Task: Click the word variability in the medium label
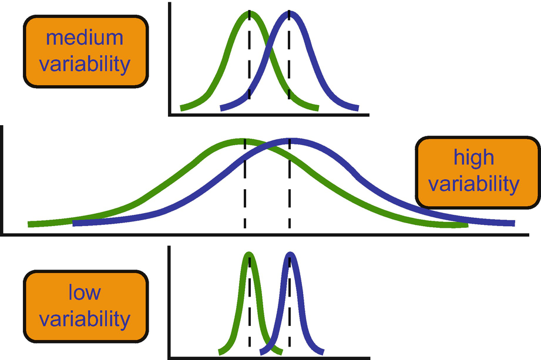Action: tap(85, 63)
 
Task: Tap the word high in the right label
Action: tap(473, 157)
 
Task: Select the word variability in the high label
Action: tap(473, 184)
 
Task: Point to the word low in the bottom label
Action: tap(85, 292)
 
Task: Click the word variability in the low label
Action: tap(85, 319)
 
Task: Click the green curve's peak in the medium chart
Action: tap(249, 14)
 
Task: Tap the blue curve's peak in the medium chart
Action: tap(289, 14)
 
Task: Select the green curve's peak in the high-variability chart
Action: tap(244, 141)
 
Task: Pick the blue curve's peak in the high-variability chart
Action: tap(290, 141)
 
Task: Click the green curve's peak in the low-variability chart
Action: tap(249, 255)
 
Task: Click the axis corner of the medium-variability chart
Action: tap(169, 115)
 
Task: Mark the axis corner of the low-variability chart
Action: tap(169, 357)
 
